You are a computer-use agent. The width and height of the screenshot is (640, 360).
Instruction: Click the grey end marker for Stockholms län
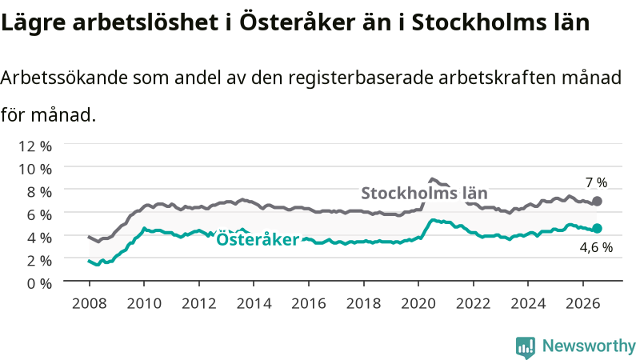pos(597,201)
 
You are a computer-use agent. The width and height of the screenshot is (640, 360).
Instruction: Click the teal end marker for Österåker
pos(597,228)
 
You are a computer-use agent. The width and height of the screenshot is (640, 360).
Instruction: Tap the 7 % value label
pos(596,182)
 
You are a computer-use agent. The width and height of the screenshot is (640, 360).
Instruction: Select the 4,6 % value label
pos(596,247)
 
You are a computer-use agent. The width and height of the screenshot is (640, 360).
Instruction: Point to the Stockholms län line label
pos(425,193)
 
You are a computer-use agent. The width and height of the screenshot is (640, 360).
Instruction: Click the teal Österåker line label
pos(258,239)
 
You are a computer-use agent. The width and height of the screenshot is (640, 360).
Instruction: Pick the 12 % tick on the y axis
pos(35,146)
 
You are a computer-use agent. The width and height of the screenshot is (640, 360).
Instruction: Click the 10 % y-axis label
pos(35,169)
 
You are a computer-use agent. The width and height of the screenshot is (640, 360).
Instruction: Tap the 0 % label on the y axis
pos(39,283)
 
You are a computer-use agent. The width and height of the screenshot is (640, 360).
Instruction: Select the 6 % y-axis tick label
pos(39,214)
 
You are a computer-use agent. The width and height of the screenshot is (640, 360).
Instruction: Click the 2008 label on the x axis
pos(90,303)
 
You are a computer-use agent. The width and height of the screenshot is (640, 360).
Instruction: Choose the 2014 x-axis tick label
pos(254,303)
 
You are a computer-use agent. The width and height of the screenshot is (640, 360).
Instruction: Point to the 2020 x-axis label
pos(418,303)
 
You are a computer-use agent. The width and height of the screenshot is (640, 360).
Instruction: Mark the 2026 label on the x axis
pos(583,303)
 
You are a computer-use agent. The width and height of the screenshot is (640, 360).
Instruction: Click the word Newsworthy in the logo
pos(589,346)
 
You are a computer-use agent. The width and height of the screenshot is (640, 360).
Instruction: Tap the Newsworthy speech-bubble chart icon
pos(526,347)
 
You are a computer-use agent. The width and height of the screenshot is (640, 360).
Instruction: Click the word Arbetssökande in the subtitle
pos(65,77)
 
